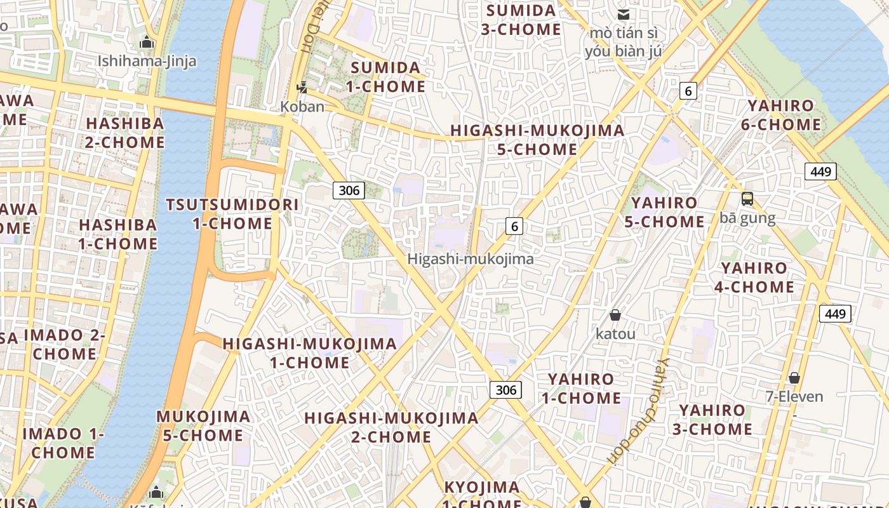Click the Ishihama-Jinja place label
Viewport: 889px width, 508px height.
pyautogui.click(x=147, y=61)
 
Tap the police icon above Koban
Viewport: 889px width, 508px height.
pyautogui.click(x=303, y=88)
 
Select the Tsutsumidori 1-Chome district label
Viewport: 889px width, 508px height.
pyautogui.click(x=232, y=214)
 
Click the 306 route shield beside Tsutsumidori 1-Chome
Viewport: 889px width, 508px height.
pyautogui.click(x=349, y=190)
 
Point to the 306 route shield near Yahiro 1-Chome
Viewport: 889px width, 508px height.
pyautogui.click(x=505, y=389)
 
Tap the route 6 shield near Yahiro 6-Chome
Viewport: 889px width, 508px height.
pyautogui.click(x=688, y=91)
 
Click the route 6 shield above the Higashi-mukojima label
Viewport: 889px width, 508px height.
pyautogui.click(x=514, y=225)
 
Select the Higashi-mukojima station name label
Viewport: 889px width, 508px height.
pyautogui.click(x=470, y=259)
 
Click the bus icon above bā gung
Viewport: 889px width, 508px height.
pyautogui.click(x=747, y=199)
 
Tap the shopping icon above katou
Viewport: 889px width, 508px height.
pyautogui.click(x=615, y=315)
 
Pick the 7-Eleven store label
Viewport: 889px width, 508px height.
pyautogui.click(x=794, y=397)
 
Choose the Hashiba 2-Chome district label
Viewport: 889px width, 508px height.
pyautogui.click(x=125, y=133)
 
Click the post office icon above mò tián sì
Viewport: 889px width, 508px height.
pyautogui.click(x=624, y=14)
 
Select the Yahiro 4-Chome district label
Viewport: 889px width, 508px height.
pyautogui.click(x=754, y=277)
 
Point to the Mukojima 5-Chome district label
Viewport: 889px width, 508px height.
pyautogui.click(x=203, y=426)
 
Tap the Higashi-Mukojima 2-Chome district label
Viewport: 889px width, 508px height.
pyautogui.click(x=391, y=427)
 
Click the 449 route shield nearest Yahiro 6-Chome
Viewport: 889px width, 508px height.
pyautogui.click(x=820, y=171)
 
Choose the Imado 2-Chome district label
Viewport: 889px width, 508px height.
pyautogui.click(x=64, y=344)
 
